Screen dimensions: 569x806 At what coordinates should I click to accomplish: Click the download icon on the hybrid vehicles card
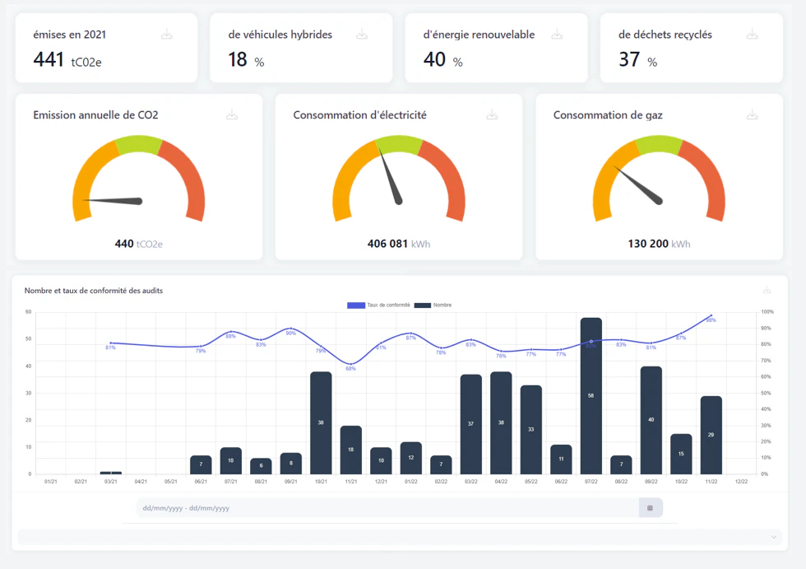pos(362,35)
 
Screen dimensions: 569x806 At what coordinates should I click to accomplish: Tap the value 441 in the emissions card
pos(49,59)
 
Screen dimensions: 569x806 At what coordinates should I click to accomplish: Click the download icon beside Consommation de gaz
pos(752,115)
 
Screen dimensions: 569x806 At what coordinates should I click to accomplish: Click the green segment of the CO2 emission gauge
pos(139,146)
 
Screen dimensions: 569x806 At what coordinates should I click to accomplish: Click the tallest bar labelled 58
pos(591,395)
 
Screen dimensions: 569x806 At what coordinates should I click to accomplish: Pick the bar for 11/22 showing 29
pos(711,435)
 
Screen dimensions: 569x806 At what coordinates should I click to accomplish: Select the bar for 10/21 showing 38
pos(321,422)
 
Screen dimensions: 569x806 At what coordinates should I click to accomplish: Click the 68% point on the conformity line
pos(351,363)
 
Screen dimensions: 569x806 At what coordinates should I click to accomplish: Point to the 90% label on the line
pos(290,333)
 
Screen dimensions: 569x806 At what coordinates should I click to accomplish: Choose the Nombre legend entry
pos(433,305)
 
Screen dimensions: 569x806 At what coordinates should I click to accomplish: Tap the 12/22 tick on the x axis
pos(741,482)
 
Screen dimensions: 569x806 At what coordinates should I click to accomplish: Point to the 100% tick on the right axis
pos(767,312)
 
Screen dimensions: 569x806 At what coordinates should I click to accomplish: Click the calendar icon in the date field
pos(650,508)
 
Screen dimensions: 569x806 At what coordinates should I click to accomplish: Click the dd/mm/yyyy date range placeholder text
pos(186,508)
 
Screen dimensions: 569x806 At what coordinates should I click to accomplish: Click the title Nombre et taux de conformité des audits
pos(94,291)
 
